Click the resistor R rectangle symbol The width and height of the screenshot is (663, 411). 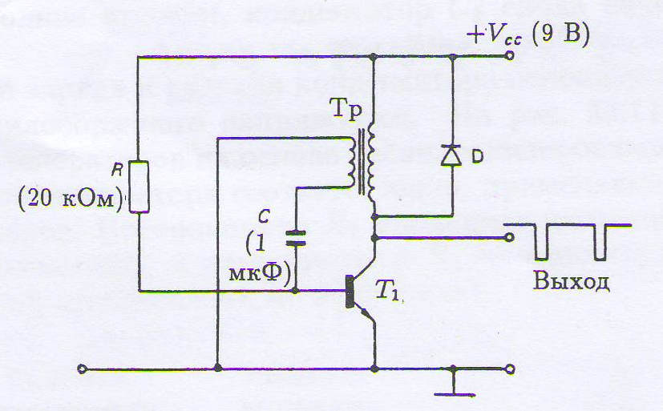point(139,187)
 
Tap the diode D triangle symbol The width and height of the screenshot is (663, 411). point(451,155)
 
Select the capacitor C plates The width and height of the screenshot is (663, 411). point(295,238)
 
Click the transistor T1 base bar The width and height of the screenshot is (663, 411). point(350,291)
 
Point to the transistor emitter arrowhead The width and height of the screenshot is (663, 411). point(366,313)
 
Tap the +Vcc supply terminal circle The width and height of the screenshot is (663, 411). point(510,55)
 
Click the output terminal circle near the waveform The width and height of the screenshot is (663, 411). point(509,237)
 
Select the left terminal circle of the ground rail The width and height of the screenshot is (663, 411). point(83,369)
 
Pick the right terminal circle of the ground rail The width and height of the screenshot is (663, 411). point(511,369)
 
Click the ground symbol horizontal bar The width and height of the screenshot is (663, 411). point(455,395)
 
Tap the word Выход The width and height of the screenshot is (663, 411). point(572,281)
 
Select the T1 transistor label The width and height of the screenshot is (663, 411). point(387,291)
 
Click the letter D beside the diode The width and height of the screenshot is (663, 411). point(477,157)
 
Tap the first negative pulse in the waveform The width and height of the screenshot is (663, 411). point(541,242)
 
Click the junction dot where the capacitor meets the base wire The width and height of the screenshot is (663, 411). point(295,291)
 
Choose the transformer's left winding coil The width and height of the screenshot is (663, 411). point(350,163)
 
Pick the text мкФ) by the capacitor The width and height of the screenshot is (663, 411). point(260,273)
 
